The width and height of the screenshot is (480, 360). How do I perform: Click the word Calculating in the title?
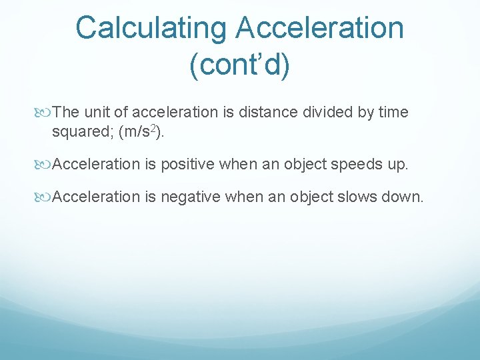[x=151, y=29]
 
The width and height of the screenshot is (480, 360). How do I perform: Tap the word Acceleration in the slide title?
[x=320, y=29]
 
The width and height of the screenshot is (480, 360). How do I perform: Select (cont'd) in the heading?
[x=240, y=67]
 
